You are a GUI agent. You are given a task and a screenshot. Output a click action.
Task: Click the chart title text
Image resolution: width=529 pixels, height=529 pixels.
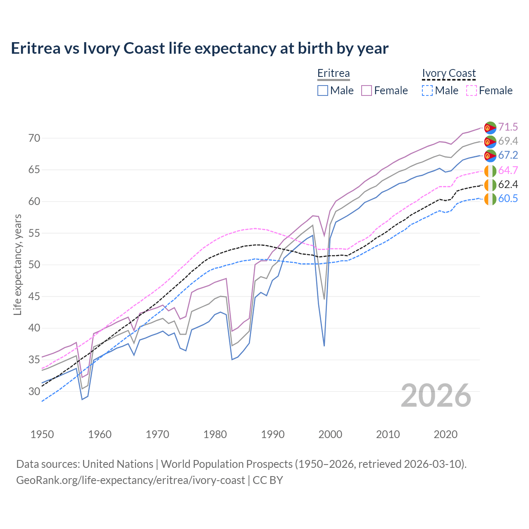[x=200, y=48]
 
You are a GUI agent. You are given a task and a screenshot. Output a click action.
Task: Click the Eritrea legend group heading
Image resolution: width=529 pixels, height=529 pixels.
[x=333, y=74]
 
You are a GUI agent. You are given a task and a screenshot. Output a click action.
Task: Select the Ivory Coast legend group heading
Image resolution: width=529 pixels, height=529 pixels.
[x=449, y=74]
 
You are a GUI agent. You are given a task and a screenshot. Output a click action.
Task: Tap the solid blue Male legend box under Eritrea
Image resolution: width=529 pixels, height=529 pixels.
[x=323, y=91]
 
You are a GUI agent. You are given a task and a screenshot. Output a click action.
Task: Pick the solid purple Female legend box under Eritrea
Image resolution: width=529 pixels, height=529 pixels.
[x=367, y=91]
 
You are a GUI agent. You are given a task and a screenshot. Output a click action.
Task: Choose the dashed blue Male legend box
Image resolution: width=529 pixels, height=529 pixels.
[x=427, y=91]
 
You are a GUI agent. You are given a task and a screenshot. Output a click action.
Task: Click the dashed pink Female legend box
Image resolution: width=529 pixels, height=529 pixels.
[x=472, y=91]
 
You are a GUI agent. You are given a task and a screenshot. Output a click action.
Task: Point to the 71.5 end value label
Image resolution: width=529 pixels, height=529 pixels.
[x=508, y=127]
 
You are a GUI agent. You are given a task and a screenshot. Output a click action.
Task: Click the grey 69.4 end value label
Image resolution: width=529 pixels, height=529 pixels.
[x=508, y=141]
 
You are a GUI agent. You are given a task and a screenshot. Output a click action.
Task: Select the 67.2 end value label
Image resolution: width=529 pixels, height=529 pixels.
[x=508, y=155]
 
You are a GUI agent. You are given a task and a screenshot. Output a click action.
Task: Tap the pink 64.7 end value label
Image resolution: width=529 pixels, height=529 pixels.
[x=508, y=170]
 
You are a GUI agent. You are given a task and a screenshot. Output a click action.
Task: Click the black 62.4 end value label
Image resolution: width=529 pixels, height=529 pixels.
[x=508, y=184]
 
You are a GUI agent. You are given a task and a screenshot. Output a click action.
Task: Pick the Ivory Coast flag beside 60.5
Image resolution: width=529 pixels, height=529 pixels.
[x=490, y=199]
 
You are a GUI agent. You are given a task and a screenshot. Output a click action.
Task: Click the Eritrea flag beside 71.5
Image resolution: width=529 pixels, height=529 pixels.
[x=490, y=128]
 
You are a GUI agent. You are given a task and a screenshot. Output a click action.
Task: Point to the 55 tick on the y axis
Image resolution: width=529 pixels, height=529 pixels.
[x=35, y=233]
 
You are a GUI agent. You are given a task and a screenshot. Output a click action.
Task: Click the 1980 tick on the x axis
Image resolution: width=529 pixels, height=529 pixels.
[x=215, y=434]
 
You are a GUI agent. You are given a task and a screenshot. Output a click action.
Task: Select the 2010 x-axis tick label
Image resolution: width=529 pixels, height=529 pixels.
[x=388, y=434]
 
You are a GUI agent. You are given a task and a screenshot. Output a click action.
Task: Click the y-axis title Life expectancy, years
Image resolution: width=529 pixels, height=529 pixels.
[x=17, y=264]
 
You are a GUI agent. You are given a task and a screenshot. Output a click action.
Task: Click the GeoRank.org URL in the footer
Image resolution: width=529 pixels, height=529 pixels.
[x=131, y=480]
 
